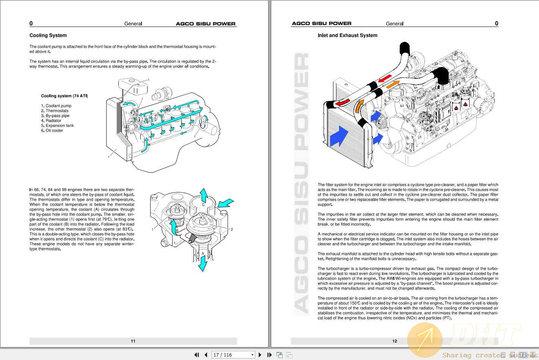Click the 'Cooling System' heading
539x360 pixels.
coord(48,35)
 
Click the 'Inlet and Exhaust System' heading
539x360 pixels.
coord(347,35)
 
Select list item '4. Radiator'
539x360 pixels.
coord(51,121)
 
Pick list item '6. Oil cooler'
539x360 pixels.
coord(52,130)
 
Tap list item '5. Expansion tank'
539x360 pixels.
coord(57,126)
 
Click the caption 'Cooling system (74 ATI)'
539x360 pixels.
coord(64,96)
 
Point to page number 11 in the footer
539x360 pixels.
coord(133,341)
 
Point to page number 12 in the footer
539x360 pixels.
coord(394,341)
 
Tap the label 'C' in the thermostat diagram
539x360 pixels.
coord(203,204)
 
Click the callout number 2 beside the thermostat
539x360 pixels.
coord(232,229)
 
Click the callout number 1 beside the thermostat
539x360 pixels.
coord(152,230)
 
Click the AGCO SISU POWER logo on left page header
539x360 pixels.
coord(206,24)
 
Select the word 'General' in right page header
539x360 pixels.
coord(394,24)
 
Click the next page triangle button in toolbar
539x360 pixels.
coord(260,355)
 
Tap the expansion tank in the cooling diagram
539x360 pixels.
coord(133,86)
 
